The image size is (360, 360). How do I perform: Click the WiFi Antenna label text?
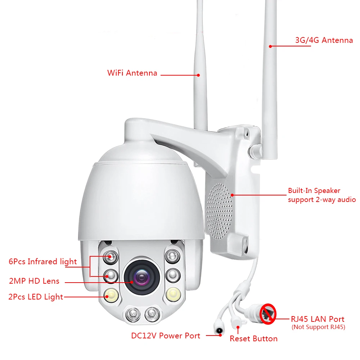(132, 73)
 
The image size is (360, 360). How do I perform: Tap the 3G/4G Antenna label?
(324, 40)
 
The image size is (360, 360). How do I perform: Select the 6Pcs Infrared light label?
(42, 261)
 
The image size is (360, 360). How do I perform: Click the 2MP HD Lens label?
(34, 281)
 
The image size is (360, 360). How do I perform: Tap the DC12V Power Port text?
(166, 336)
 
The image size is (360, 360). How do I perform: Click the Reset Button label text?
(253, 339)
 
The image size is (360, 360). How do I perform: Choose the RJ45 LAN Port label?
(318, 319)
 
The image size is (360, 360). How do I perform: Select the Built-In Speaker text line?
(314, 191)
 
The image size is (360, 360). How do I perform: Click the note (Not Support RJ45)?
(318, 327)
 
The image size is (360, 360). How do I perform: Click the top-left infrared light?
(109, 256)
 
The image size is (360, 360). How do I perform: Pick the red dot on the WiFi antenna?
(198, 75)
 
